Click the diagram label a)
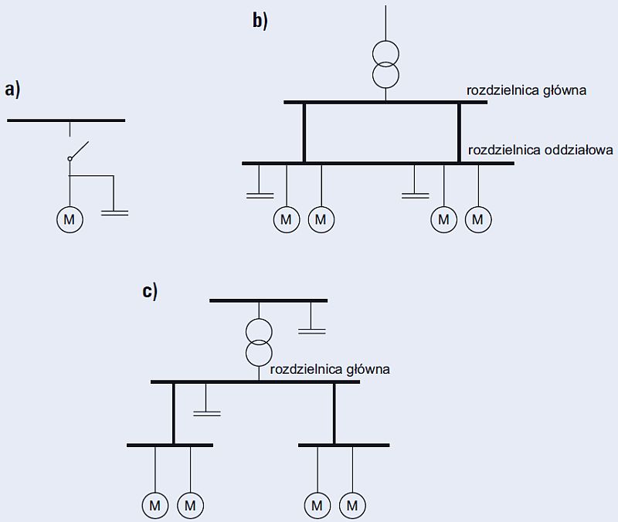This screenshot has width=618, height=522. tap(12, 90)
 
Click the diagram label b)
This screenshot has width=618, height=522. tap(260, 21)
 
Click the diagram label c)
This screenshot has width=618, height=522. tap(150, 292)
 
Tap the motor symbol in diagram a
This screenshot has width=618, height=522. tap(70, 219)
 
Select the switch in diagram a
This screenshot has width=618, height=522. tap(78, 151)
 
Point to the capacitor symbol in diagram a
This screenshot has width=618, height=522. tap(114, 213)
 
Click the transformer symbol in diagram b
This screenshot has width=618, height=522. tap(385, 65)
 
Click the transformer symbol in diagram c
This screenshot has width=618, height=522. tap(259, 342)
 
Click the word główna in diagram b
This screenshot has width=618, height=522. tap(565, 90)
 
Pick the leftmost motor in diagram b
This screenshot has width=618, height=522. tap(287, 219)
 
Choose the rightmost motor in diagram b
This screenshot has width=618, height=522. tap(478, 219)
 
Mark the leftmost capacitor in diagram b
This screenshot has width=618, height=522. tap(260, 195)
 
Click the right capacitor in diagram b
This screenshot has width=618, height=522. tap(415, 195)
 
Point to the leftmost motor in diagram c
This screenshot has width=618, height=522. tap(155, 506)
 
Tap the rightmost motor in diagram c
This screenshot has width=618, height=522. tap(352, 506)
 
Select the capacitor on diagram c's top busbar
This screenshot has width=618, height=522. tap(312, 331)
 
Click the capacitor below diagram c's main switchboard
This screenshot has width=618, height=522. tap(207, 413)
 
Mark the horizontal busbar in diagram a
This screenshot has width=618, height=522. tap(66, 120)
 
